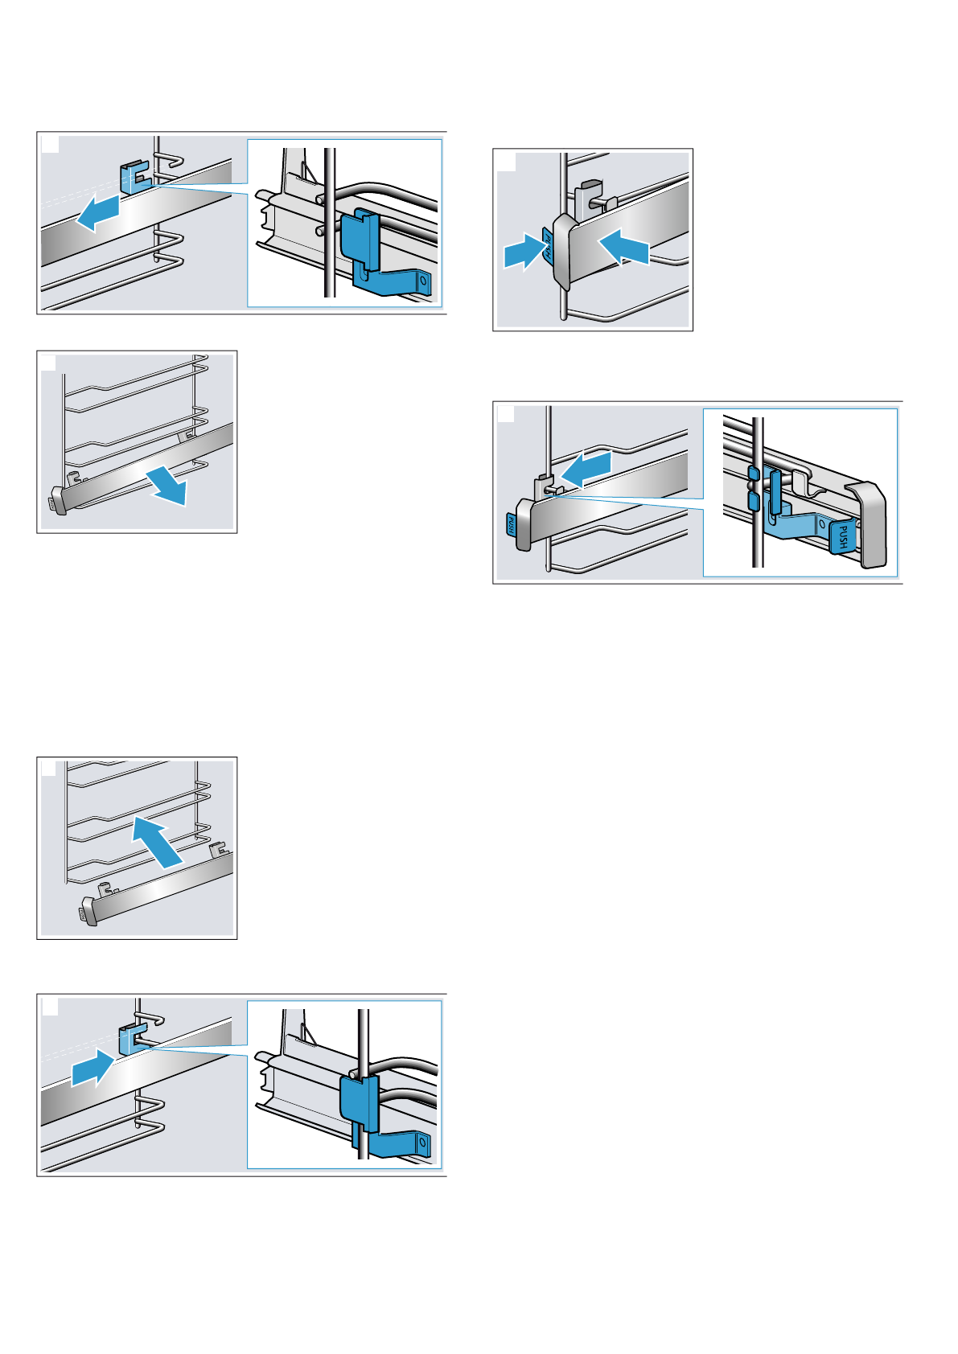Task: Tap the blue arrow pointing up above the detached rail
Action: (x=158, y=840)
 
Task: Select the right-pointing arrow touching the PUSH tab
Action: (x=522, y=252)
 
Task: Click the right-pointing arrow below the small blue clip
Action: (x=93, y=1069)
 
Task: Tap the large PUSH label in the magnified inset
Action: (x=841, y=535)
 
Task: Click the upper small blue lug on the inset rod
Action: (x=753, y=474)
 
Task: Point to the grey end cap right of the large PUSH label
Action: (x=869, y=523)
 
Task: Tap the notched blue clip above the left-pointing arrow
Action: (x=134, y=177)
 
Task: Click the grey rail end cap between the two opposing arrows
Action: (x=562, y=251)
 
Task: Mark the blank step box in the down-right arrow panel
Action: (x=49, y=363)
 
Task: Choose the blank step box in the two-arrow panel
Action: (x=506, y=162)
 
